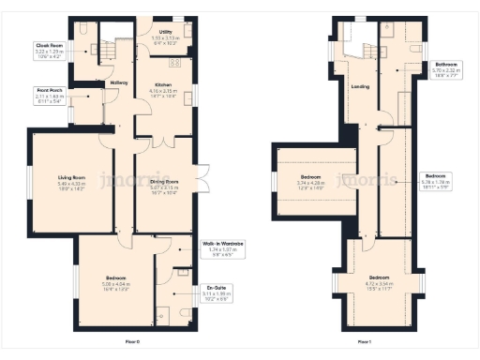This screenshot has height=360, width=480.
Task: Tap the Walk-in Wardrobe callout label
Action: click(x=223, y=249)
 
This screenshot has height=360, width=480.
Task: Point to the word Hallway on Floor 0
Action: click(x=119, y=83)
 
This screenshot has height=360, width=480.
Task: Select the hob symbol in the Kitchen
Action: click(x=173, y=64)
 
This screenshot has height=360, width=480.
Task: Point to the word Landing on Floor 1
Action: click(x=359, y=87)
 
